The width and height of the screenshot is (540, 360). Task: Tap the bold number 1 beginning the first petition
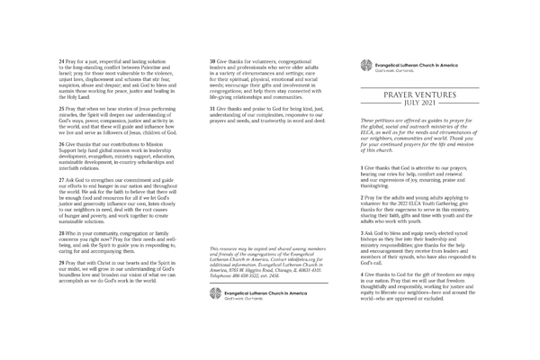pos(362,168)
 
